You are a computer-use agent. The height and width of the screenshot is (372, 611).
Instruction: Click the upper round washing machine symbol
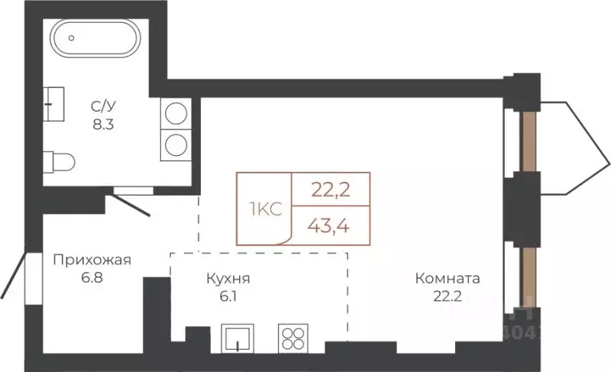click(176, 114)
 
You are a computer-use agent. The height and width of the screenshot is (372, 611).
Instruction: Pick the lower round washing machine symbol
click(176, 143)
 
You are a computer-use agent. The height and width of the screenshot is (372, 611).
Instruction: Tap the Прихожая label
click(92, 260)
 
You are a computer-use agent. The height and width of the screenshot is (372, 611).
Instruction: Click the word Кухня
click(228, 279)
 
